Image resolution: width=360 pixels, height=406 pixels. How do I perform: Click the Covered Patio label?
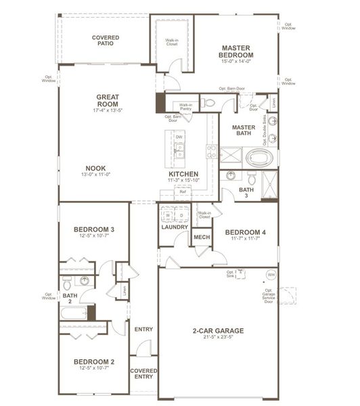pos(104,39)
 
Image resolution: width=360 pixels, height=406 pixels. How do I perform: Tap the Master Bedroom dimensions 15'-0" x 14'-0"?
pos(236,62)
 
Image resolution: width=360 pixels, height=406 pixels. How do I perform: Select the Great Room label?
pos(108,100)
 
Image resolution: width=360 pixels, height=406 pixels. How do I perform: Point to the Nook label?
pos(95,168)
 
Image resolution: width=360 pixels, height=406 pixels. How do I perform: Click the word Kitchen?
pos(183,174)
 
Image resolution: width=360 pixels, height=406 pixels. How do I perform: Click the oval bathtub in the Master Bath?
pos(261,160)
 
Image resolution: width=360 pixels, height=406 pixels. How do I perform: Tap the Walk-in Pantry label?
pos(185,107)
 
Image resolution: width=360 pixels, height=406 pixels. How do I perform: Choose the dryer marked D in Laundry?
pos(181,216)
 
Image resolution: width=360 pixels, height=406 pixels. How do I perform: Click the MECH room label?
pos(201,238)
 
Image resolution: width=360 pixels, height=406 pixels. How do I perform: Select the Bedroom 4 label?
pos(245,232)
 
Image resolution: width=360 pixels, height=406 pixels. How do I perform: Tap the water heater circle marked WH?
pos(271,275)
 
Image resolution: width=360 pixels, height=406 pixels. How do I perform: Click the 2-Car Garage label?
pos(217,331)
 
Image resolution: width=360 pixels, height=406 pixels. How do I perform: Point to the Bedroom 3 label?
pos(94,230)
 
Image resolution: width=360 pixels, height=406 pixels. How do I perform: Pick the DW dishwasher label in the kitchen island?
pos(179,137)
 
